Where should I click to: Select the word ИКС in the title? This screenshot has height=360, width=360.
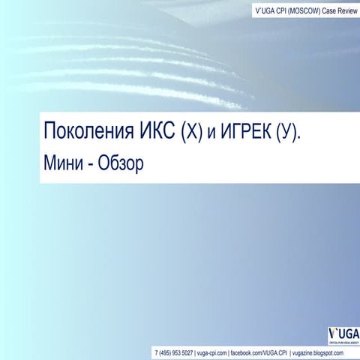pyautogui.click(x=156, y=133)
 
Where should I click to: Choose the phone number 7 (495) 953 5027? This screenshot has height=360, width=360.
pyautogui.click(x=172, y=351)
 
